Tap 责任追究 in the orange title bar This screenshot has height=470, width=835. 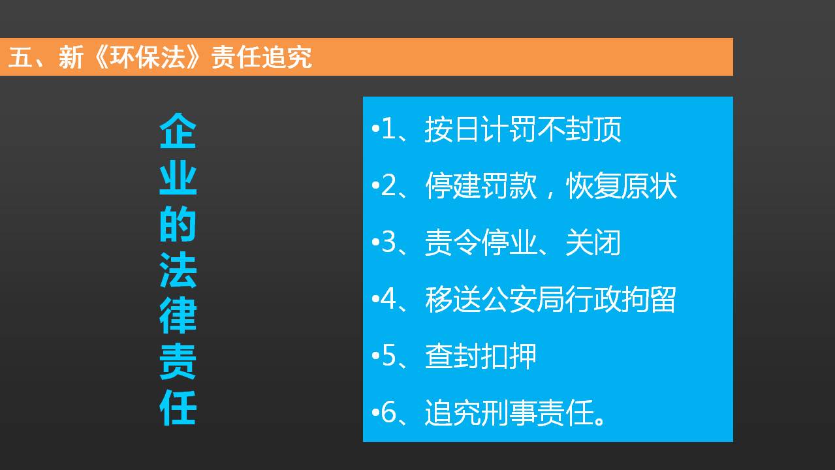261,57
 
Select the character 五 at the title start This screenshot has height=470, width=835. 20,57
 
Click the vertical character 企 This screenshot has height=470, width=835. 178,131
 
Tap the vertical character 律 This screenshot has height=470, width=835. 178,315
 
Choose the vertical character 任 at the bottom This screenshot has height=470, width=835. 178,407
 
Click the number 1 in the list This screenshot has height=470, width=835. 388,129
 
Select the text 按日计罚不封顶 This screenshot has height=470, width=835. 523,129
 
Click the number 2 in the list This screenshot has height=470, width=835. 388,185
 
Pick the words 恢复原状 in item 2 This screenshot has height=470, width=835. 621,185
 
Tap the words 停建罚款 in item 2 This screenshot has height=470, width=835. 481,185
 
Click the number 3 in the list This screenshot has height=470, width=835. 388,242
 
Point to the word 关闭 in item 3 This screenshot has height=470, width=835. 593,243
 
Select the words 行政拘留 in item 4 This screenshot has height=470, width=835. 620,299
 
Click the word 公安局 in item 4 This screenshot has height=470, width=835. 523,299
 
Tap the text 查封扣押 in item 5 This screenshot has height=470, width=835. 481,356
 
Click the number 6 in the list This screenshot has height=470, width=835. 388,413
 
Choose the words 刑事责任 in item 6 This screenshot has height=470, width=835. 537,413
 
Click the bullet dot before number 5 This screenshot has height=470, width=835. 375,356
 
